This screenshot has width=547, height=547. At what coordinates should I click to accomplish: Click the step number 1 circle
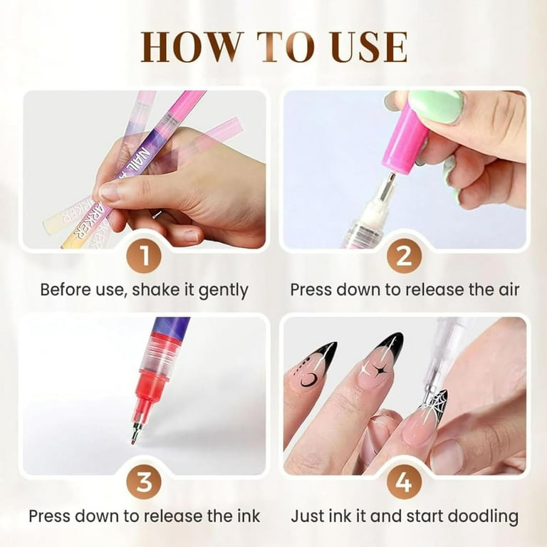click(145, 256)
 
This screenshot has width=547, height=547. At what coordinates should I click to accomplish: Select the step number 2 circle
click(404, 256)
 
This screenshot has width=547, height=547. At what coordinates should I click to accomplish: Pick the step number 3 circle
click(145, 482)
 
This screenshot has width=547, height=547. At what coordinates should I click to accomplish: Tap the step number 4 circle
click(404, 482)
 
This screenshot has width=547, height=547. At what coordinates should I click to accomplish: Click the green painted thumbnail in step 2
click(435, 107)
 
